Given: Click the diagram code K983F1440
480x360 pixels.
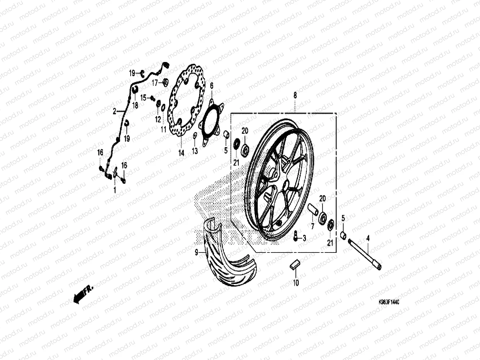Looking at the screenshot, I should pyautogui.click(x=389, y=302).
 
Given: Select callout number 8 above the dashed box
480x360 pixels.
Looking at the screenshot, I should pyautogui.click(x=295, y=96).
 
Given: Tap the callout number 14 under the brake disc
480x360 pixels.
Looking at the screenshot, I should pyautogui.click(x=181, y=153).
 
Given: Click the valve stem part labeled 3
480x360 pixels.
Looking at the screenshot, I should pyautogui.click(x=296, y=236).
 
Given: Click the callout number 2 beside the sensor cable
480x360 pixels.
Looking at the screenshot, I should pyautogui.click(x=115, y=112).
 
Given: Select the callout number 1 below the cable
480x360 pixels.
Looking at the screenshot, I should pyautogui.click(x=115, y=190).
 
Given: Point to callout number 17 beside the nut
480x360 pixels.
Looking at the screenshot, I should pyautogui.click(x=155, y=82).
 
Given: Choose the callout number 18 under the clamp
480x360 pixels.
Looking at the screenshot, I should pyautogui.click(x=135, y=106).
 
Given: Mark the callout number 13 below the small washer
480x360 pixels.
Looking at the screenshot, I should pyautogui.click(x=195, y=151).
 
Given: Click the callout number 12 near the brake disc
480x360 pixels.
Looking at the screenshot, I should pyautogui.click(x=158, y=119).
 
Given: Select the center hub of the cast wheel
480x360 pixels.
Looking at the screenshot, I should pyautogui.click(x=278, y=180).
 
